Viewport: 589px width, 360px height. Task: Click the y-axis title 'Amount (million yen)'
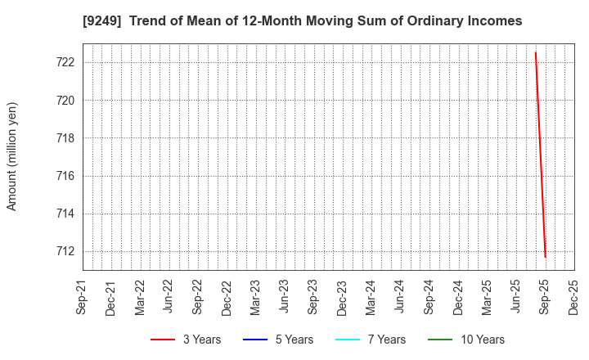click(12, 156)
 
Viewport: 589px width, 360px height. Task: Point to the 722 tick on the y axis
click(66, 62)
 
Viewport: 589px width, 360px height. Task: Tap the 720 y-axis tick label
click(66, 101)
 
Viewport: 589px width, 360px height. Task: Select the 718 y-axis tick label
click(66, 138)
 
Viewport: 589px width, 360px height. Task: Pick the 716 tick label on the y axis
click(66, 176)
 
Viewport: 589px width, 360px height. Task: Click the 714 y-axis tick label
click(66, 214)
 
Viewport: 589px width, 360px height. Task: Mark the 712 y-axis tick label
click(66, 251)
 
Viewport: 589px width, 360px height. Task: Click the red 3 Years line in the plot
click(540, 155)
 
